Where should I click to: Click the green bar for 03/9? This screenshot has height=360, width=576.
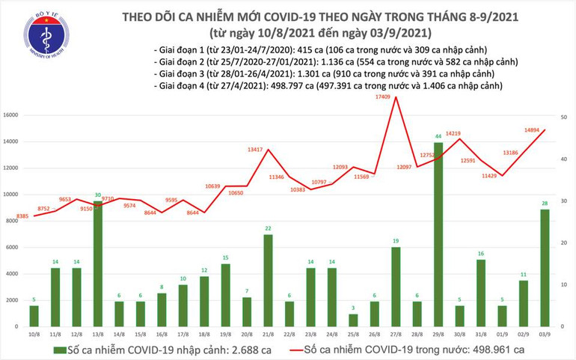coord(545,267)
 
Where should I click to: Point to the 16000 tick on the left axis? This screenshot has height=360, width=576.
coord(10,115)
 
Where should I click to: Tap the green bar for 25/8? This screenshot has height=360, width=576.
coord(353,320)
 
